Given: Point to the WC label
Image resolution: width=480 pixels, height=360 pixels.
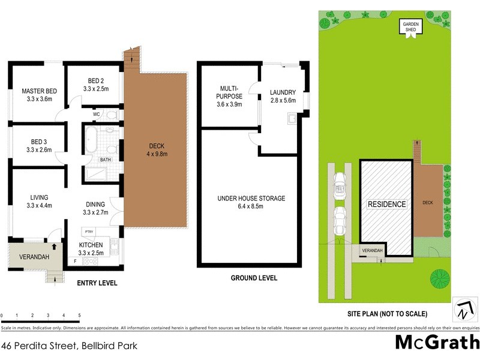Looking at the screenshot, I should [96, 113].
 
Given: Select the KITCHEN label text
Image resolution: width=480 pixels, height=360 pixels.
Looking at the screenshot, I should [91, 245].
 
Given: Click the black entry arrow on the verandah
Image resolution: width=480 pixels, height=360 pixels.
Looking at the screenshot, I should [55, 245].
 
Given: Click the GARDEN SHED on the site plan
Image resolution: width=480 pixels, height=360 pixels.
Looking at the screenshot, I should [412, 28].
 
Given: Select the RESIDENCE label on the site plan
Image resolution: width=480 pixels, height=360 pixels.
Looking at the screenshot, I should [387, 204].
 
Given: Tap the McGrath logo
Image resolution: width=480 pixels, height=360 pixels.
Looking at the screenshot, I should [437, 343].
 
